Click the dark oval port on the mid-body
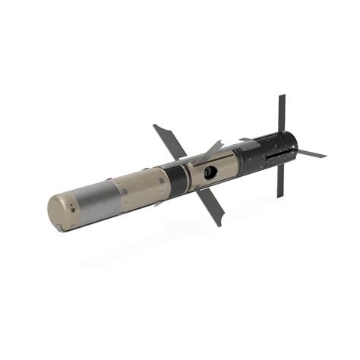tap(210, 172)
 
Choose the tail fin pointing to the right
tap(310, 153)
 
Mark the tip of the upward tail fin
tap(282, 96)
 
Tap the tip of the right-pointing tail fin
tap(325, 156)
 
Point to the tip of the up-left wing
tap(155, 126)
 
